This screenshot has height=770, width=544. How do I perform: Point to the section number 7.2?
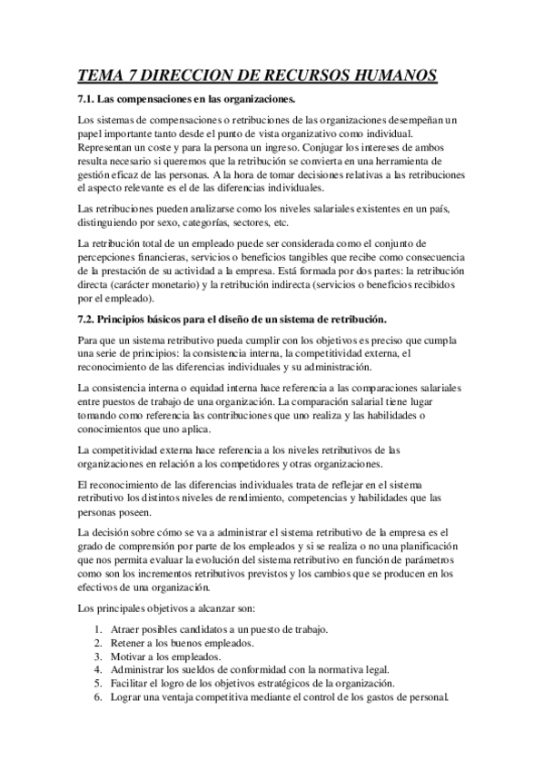88,319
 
